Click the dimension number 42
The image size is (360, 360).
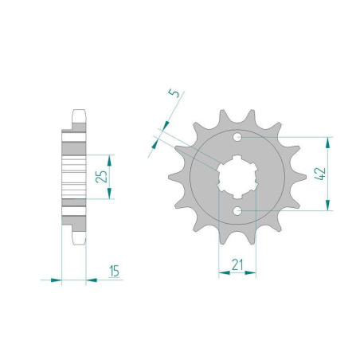[320, 174]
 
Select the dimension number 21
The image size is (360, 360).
[237, 264]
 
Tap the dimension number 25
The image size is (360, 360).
[102, 176]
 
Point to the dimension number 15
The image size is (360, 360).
[114, 271]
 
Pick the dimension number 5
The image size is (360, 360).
[174, 93]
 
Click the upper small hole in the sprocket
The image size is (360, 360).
[237, 137]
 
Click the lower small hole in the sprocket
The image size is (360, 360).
[237, 211]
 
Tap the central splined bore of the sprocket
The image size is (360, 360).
[237, 177]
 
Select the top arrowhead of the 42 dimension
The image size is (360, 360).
[328, 143]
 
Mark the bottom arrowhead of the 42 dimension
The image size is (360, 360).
[328, 205]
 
